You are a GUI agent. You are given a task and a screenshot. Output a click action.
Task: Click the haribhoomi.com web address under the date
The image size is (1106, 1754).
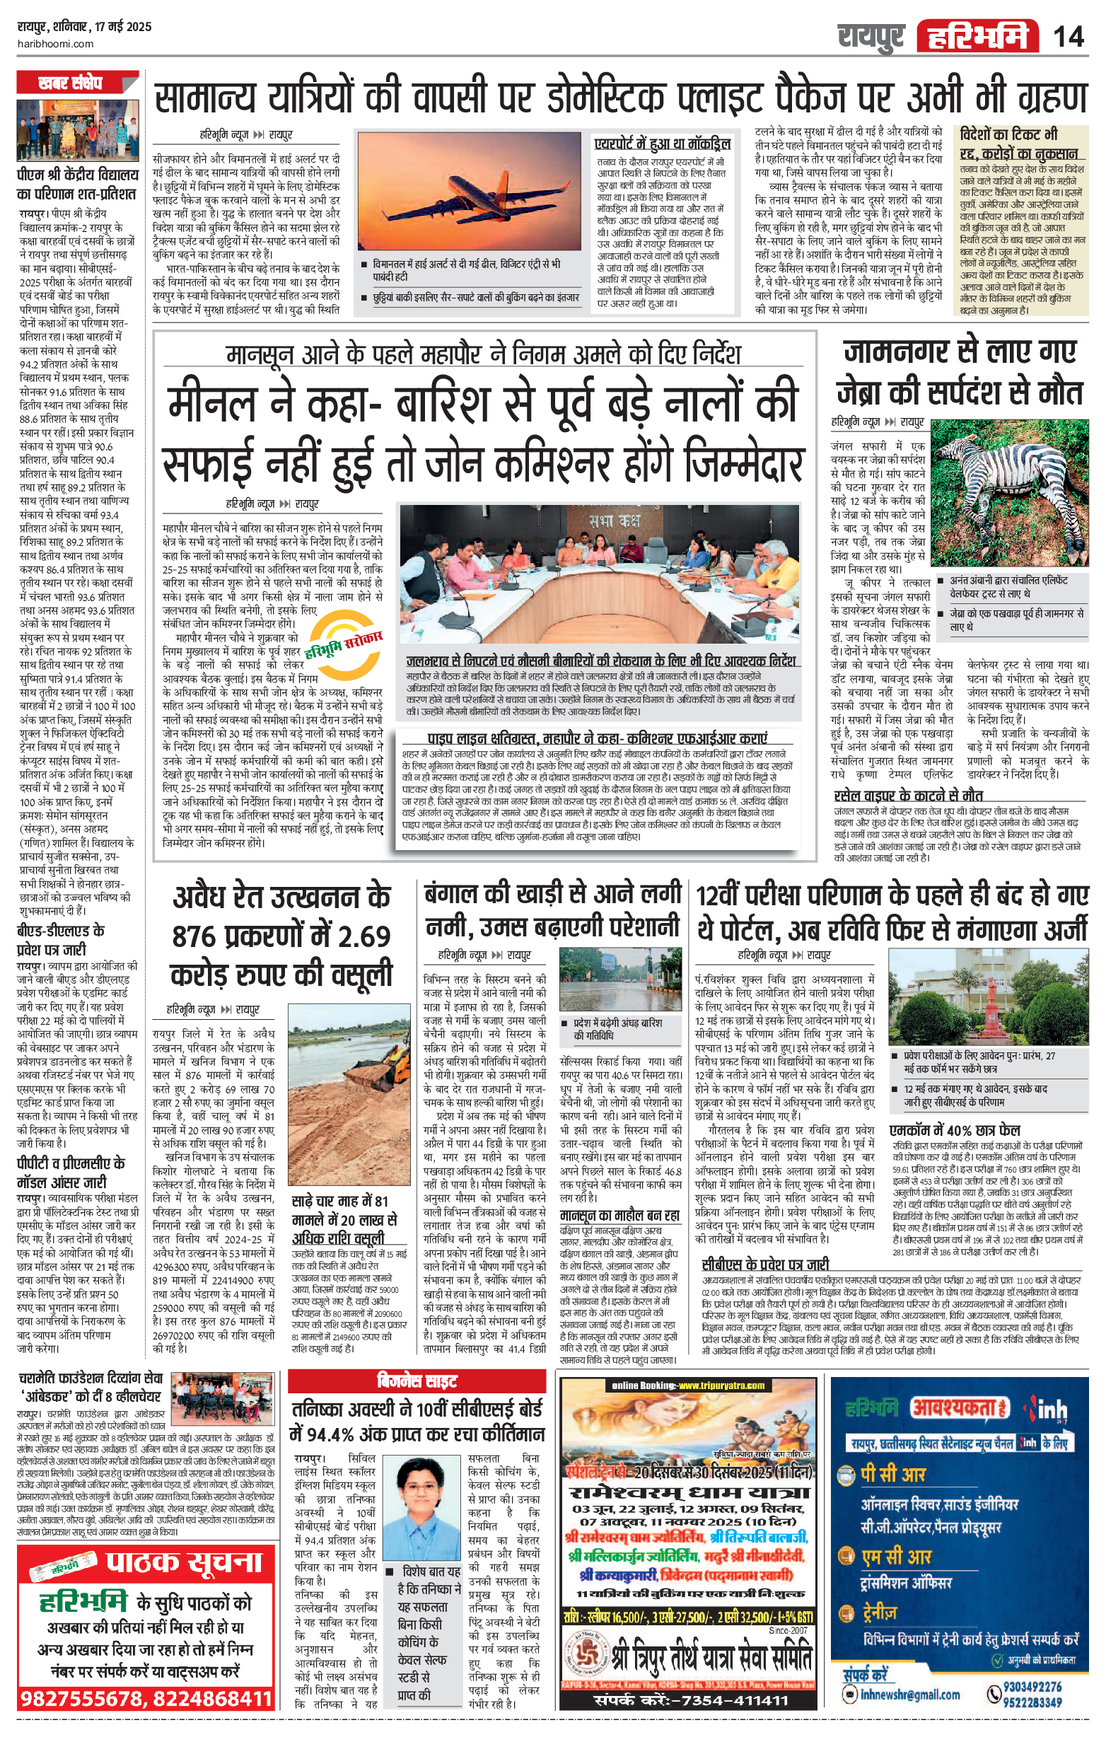click(55, 44)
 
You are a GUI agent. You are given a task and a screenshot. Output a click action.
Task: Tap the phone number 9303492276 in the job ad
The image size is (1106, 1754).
click(1032, 1687)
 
